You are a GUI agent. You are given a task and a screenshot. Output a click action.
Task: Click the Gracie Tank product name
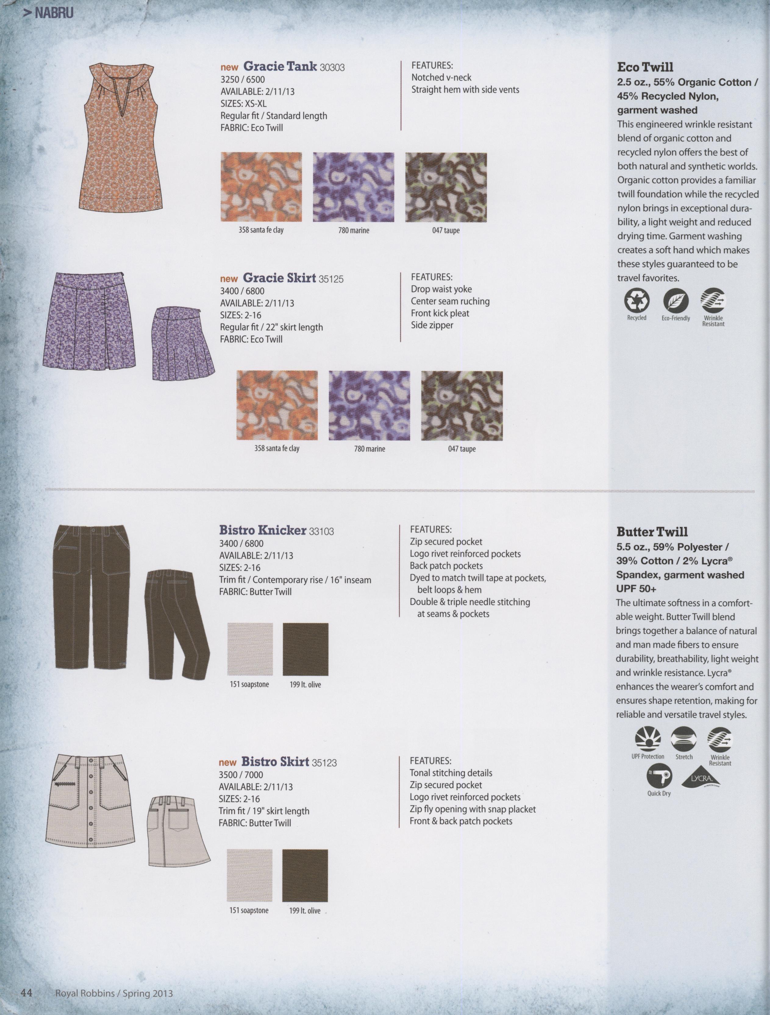(x=280, y=66)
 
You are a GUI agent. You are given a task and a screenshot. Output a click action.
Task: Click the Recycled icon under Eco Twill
(x=637, y=301)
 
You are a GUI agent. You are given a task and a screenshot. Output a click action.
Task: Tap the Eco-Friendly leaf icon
(x=676, y=301)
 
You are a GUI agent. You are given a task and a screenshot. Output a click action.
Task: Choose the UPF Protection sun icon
(x=647, y=739)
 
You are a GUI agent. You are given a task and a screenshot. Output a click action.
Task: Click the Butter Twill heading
(x=652, y=532)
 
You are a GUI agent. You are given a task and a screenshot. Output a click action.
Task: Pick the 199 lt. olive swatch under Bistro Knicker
(x=305, y=649)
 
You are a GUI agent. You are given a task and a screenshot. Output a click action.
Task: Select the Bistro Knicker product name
(x=262, y=530)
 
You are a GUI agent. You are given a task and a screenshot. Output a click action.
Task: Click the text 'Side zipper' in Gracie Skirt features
(x=432, y=325)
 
